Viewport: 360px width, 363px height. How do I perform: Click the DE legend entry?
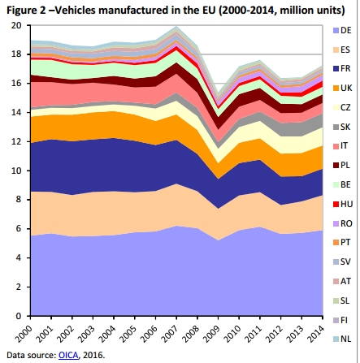(x=345, y=29)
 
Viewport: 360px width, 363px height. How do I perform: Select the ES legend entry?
(x=345, y=49)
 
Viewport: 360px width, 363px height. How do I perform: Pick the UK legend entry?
(x=345, y=87)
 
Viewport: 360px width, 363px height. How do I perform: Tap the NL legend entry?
(x=345, y=338)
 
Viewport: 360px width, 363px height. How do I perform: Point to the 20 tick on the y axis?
(x=15, y=24)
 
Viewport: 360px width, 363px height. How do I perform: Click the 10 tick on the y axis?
(x=15, y=171)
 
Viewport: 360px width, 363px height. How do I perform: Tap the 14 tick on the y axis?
(x=15, y=112)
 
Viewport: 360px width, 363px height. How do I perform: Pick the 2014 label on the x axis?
(x=319, y=331)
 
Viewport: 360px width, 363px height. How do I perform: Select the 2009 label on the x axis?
(x=215, y=331)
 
